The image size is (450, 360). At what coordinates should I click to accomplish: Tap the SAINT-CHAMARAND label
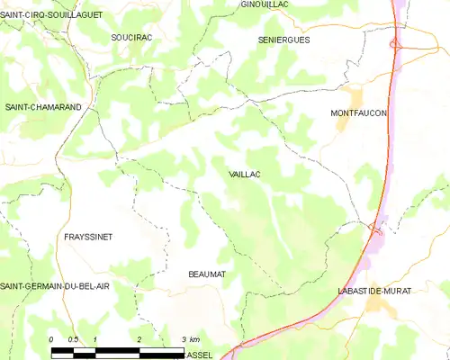click(x=43, y=107)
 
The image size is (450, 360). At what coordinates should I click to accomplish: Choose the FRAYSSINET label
click(x=88, y=237)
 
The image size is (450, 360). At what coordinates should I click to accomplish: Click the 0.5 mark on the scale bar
click(x=74, y=338)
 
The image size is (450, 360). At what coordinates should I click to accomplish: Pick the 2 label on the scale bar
click(x=139, y=338)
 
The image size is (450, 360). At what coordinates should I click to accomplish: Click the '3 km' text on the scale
click(x=190, y=338)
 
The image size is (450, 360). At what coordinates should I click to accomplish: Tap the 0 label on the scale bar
click(x=52, y=338)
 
